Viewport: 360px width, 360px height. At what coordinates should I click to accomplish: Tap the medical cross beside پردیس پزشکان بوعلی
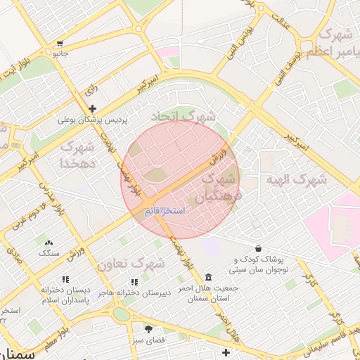tap(92, 108)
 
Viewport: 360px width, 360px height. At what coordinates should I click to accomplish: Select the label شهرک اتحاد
tap(186, 115)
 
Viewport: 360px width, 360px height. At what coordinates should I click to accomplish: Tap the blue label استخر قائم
tap(165, 211)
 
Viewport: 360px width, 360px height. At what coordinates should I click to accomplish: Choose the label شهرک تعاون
tap(131, 264)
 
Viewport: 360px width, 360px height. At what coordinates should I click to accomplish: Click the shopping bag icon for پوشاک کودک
tap(259, 248)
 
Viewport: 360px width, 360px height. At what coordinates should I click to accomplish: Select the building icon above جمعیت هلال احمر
tap(208, 276)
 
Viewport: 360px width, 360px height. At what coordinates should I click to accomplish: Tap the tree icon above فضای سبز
tap(148, 328)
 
